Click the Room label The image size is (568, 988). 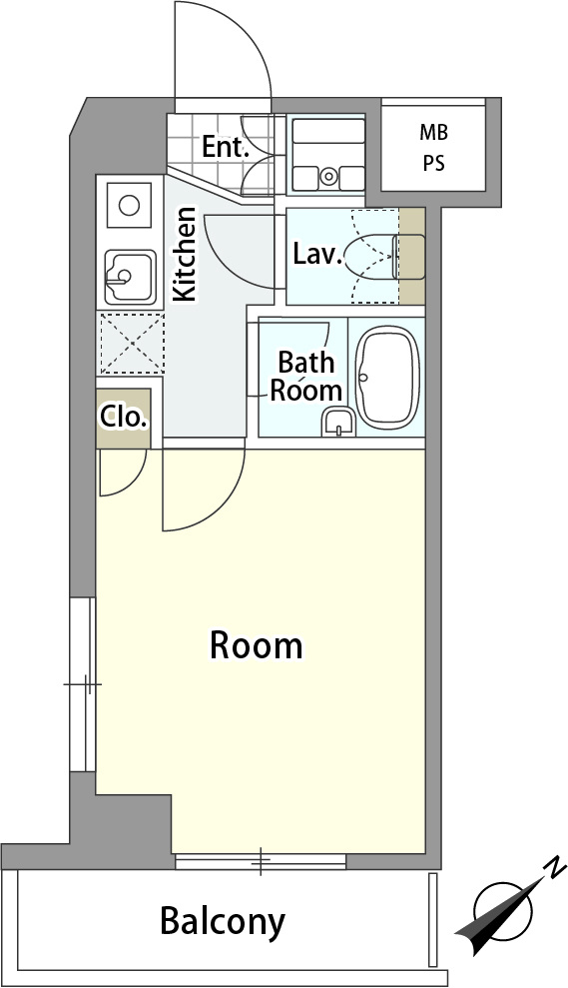pos(256,646)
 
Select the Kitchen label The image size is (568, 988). pos(185,254)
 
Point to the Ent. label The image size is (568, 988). pos(225,148)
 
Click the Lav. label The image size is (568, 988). pos(318,255)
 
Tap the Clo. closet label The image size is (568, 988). pos(124,418)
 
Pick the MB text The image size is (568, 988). pos(434,132)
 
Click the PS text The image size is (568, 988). pos(434,164)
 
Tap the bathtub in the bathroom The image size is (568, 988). pos(387,378)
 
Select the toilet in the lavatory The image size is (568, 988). pos(384,257)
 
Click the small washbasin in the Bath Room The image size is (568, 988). pos(338,423)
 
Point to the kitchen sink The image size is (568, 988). pos(130,278)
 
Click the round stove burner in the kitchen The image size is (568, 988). pos(129,206)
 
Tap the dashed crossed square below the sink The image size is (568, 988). pos(131,343)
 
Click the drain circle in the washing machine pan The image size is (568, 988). pos(328,176)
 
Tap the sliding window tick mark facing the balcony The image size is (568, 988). pos(261,861)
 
